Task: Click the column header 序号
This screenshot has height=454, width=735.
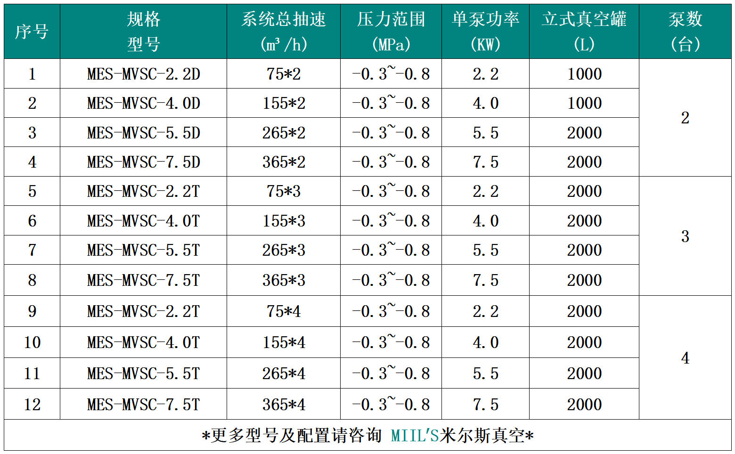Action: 32,32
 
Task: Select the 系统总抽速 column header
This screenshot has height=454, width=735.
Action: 283,32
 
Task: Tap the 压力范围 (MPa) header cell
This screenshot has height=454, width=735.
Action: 391,32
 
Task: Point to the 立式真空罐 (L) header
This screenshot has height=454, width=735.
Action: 584,32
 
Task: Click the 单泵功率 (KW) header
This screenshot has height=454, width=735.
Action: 485,32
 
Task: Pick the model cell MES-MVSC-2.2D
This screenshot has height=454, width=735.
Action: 143,74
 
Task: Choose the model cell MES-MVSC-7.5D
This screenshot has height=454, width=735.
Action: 143,162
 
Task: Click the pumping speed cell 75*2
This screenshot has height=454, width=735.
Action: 283,74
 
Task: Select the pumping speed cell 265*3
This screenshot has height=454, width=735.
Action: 283,250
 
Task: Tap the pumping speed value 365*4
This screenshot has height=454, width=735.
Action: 283,405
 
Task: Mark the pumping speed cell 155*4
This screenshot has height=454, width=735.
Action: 283,342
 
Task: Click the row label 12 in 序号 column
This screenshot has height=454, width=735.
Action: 32,405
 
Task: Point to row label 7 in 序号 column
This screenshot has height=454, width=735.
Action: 32,250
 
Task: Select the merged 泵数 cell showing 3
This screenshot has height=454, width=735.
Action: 685,236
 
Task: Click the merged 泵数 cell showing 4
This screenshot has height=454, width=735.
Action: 685,358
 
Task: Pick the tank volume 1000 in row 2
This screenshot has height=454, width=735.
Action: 584,103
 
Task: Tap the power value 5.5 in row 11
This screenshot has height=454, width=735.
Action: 485,373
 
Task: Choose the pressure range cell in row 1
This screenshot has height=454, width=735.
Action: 391,74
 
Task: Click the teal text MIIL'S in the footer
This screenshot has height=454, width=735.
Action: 415,436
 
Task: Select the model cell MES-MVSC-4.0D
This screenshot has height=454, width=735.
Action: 143,103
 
